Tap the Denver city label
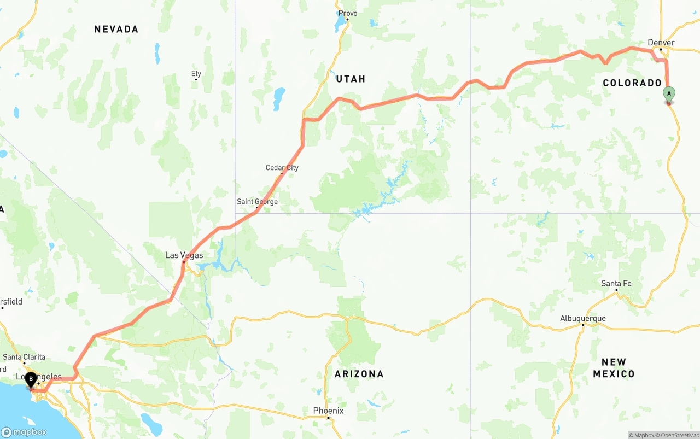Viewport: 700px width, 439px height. (x=661, y=43)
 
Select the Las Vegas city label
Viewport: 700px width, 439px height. (x=184, y=255)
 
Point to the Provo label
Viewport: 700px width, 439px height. (x=348, y=13)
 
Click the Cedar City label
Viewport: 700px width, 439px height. (x=282, y=168)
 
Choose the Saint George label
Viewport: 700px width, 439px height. (x=257, y=202)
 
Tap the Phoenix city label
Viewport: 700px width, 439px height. (x=328, y=411)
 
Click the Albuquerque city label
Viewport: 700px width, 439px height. (x=582, y=319)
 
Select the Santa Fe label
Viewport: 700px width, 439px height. (x=616, y=283)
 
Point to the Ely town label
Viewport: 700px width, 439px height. (x=196, y=74)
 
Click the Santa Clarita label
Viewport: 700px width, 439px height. (x=24, y=357)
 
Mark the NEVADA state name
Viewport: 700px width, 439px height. (x=116, y=29)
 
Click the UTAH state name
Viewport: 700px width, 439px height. (x=351, y=79)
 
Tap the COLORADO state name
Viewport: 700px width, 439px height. (x=632, y=83)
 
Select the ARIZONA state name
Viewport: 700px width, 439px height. (x=359, y=374)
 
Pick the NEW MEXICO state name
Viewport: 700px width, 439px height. (x=614, y=368)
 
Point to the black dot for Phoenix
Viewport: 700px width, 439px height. (x=328, y=418)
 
